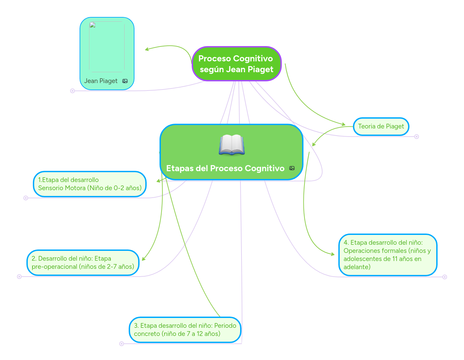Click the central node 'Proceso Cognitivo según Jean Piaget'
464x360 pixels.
(x=236, y=64)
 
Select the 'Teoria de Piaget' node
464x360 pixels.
(x=381, y=126)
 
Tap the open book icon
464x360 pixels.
(x=232, y=145)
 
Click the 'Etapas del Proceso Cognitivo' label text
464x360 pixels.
(x=225, y=168)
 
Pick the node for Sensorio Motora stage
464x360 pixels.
(x=90, y=184)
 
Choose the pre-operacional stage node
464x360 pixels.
(x=83, y=263)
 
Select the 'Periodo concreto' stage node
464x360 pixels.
(x=185, y=330)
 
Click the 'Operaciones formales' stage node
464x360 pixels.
(x=387, y=255)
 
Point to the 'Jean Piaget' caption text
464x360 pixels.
(x=101, y=81)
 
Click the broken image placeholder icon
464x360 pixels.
(x=92, y=25)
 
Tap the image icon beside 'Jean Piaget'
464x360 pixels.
(x=125, y=81)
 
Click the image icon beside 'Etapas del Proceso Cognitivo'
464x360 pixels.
(x=292, y=168)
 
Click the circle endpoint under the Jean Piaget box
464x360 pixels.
(x=72, y=91)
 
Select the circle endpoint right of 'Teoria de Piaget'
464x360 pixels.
(x=417, y=137)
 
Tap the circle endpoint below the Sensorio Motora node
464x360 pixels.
(x=26, y=198)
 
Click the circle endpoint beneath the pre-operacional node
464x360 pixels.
(x=19, y=277)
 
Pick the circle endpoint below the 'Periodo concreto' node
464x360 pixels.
(x=122, y=344)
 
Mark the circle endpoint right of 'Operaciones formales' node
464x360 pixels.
(x=445, y=277)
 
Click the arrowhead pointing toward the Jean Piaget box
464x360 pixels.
(x=147, y=49)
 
